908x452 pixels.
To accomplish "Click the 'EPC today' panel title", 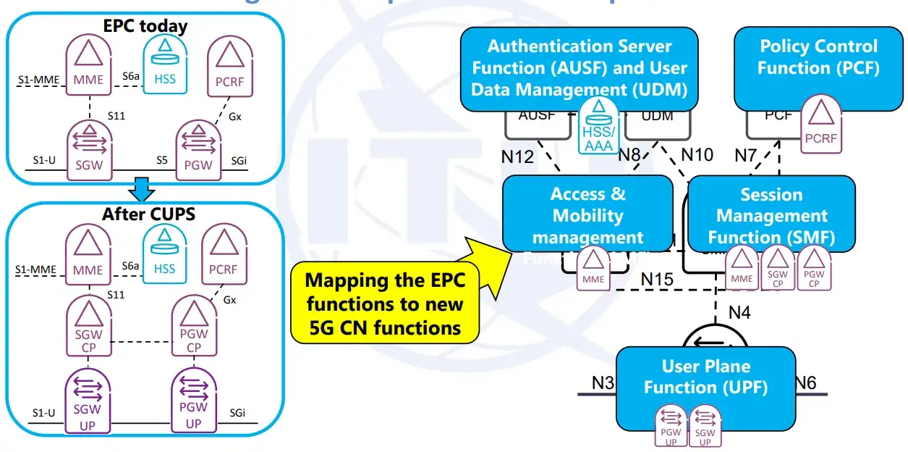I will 145,27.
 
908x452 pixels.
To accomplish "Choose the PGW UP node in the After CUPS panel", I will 193,403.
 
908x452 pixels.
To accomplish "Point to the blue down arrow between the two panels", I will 142,191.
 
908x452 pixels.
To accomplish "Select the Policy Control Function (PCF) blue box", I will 818,69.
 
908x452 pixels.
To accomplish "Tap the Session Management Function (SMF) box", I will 771,215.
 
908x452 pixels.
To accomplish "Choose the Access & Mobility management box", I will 587,215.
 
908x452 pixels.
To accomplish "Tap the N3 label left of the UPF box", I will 603,382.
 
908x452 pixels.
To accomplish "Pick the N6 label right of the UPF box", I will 805,382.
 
